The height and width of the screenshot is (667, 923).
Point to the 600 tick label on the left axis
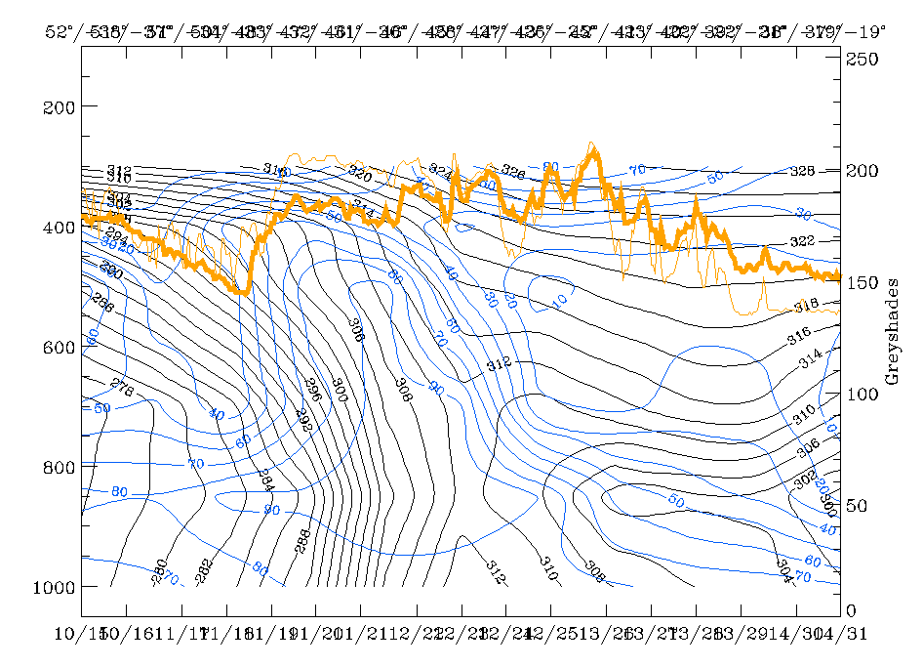[x=60, y=347]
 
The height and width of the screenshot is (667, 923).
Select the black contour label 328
[x=801, y=171]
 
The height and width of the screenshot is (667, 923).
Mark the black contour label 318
[x=805, y=306]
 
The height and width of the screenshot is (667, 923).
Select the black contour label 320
[x=360, y=176]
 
